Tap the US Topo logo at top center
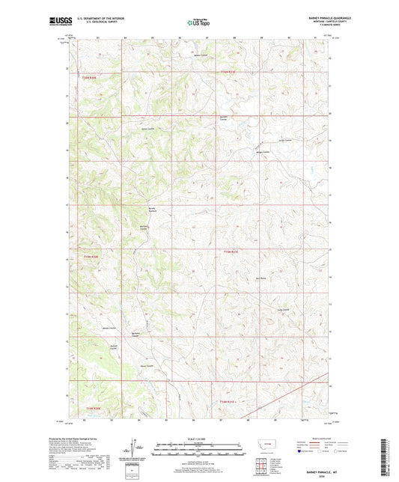(x=198, y=23)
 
